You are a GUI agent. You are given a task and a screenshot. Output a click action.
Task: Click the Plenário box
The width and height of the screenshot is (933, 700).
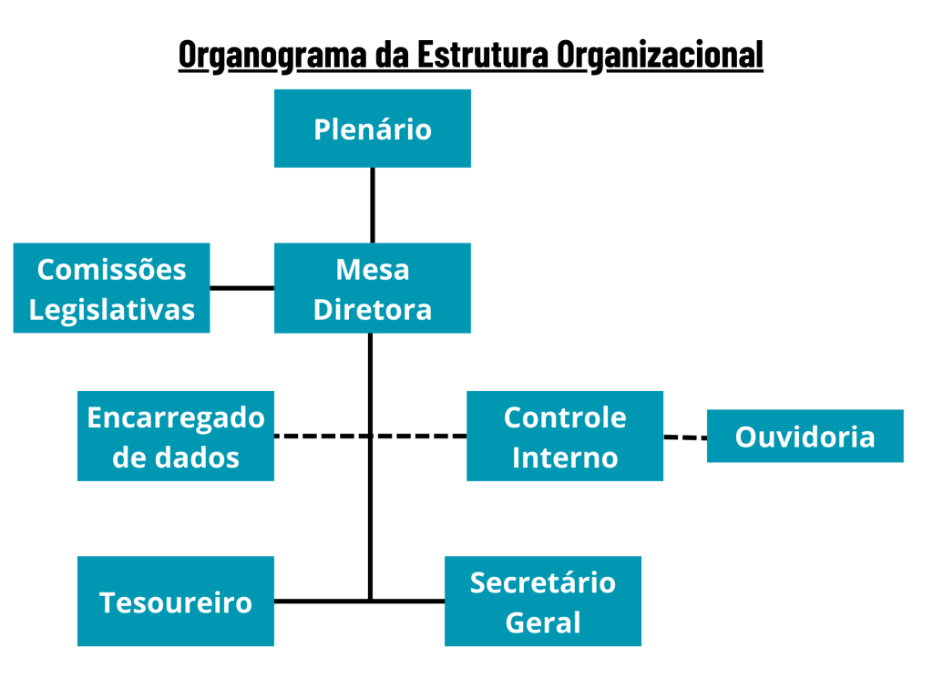(372, 129)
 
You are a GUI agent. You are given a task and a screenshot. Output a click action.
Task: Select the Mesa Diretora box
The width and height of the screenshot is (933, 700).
(372, 288)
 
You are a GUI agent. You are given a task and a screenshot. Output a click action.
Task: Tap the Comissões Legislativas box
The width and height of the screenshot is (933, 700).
(111, 288)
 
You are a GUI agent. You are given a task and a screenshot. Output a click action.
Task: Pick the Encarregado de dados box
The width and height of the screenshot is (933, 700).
(175, 436)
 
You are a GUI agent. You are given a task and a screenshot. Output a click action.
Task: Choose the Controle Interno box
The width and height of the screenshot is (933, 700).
(564, 436)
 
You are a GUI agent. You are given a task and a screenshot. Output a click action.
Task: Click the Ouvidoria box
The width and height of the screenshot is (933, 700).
(805, 436)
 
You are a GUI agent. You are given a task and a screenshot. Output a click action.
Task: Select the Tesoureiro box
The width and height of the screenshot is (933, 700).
(175, 602)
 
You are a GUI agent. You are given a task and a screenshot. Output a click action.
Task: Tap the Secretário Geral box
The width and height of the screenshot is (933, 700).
(542, 602)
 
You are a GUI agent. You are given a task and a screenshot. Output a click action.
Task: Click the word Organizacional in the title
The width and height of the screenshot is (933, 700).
(660, 55)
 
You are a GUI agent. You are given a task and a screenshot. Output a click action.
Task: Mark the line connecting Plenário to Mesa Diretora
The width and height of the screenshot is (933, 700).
(372, 205)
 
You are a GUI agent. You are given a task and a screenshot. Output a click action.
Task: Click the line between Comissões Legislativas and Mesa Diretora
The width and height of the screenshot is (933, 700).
(241, 288)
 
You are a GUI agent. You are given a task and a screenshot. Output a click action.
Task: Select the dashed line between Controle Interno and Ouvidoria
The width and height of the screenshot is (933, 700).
(685, 437)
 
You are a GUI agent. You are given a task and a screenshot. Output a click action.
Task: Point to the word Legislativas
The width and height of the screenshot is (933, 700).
(111, 309)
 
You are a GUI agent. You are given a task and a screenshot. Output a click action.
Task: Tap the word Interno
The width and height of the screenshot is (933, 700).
(564, 457)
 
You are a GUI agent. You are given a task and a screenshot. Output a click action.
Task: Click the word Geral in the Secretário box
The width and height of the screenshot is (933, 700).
(542, 623)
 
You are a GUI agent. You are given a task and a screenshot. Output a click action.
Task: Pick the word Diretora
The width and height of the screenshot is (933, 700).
(372, 309)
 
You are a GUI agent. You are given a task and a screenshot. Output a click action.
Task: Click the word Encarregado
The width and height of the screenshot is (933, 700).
(175, 417)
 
